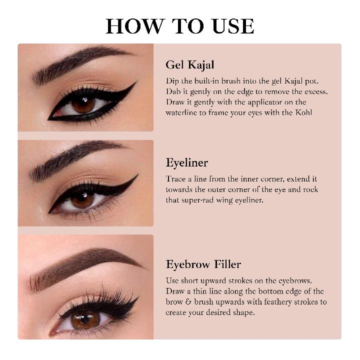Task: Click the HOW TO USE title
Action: [x=180, y=26]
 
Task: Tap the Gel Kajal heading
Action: [x=190, y=65]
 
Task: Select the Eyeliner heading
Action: [x=187, y=163]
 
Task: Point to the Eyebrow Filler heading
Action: [x=203, y=264]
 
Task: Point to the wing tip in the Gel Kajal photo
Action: [x=135, y=83]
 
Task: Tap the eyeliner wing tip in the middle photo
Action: [x=137, y=176]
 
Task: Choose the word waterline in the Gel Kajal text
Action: [x=181, y=112]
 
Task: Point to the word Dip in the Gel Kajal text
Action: [x=172, y=80]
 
